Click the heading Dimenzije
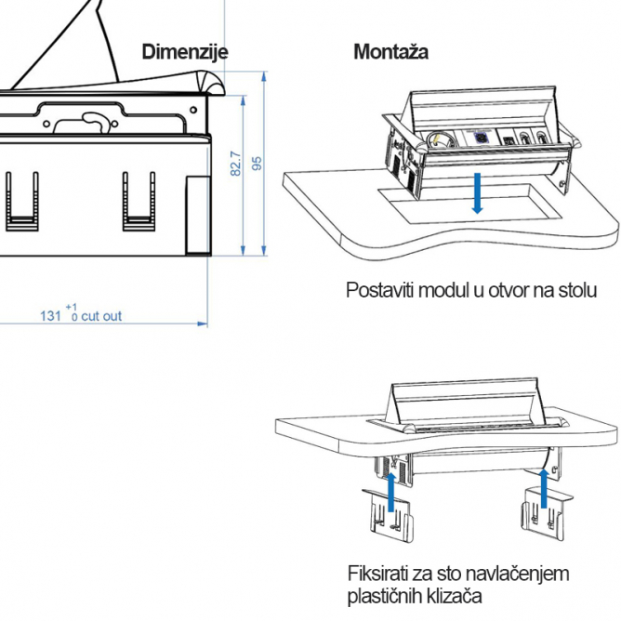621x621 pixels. (184, 52)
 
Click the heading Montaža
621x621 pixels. (390, 52)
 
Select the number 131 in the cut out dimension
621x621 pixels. (51, 316)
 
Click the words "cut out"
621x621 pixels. (101, 316)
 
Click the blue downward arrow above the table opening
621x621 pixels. (477, 192)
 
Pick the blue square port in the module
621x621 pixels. (482, 138)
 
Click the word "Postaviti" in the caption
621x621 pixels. (380, 290)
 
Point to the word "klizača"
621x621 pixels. (455, 595)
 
